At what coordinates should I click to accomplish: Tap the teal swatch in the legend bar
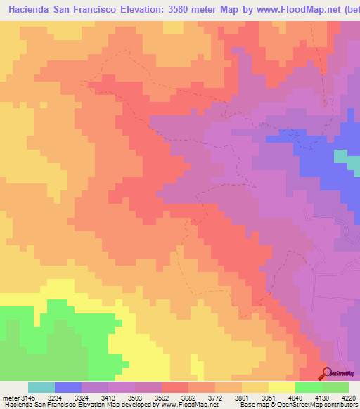41,387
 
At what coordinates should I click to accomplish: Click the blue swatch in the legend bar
67,387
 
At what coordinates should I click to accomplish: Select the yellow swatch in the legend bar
281,387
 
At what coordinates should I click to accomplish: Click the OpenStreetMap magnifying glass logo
326,373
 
